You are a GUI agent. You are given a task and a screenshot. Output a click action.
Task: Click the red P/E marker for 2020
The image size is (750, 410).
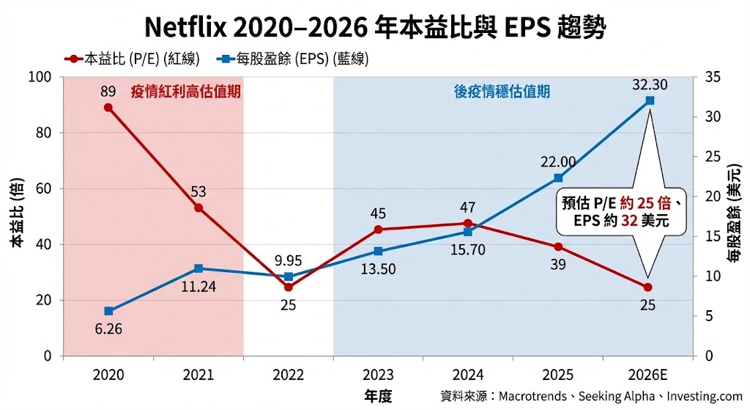click(x=108, y=107)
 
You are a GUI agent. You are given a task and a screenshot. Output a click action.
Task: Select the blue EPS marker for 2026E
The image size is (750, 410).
click(x=648, y=100)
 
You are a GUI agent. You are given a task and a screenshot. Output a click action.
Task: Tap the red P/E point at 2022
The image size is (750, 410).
click(x=288, y=287)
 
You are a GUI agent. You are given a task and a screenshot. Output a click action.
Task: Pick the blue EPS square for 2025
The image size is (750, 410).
click(x=558, y=177)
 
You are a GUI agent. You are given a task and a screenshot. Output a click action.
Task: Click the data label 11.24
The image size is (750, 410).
click(x=198, y=286)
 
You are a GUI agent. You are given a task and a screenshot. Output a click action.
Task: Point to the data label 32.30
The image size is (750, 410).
click(x=650, y=84)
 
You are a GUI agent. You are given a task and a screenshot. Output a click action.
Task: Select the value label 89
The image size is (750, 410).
click(x=108, y=91)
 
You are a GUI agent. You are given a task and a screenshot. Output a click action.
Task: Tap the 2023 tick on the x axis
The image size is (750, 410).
click(x=378, y=375)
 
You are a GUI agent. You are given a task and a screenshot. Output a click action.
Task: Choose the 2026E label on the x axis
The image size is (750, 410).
click(x=648, y=375)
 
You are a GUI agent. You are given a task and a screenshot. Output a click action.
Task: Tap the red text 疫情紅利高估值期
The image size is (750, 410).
click(x=186, y=92)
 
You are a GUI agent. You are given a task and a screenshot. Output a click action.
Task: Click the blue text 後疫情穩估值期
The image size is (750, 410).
click(x=502, y=92)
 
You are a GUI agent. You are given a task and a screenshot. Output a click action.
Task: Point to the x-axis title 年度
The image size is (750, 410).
click(x=378, y=396)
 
